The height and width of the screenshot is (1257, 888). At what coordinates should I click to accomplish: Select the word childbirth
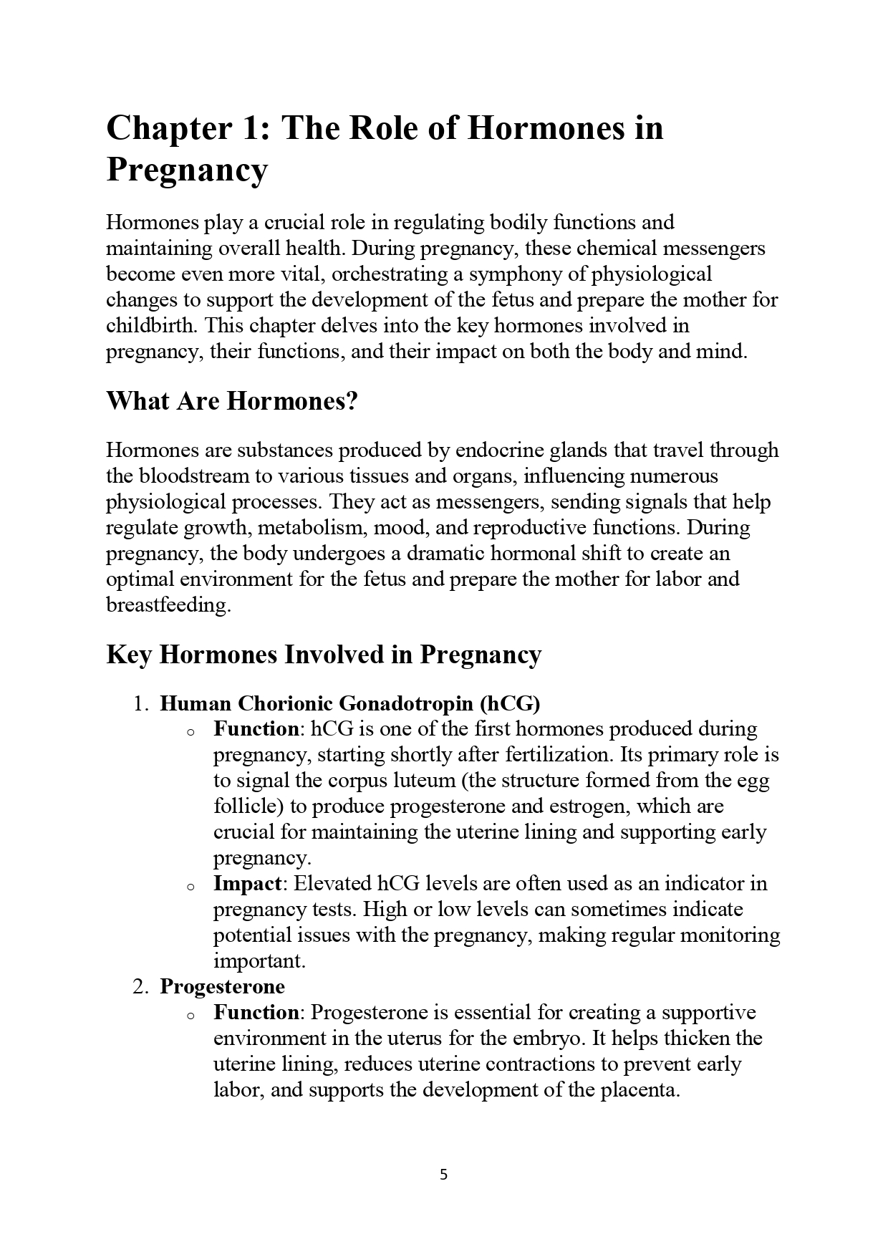click(x=152, y=326)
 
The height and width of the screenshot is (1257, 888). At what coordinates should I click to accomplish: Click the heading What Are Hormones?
click(x=232, y=401)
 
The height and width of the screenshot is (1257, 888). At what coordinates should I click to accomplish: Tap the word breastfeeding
click(x=168, y=605)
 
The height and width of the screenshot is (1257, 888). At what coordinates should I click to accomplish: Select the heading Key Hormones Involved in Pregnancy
click(x=324, y=655)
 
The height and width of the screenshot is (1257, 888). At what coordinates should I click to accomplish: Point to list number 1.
click(x=140, y=703)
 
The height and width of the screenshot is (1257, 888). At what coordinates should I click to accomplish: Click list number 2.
click(x=140, y=987)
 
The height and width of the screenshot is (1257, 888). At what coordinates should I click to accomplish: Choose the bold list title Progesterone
click(x=222, y=987)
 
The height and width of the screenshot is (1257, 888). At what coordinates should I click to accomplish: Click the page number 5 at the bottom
click(x=443, y=1175)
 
